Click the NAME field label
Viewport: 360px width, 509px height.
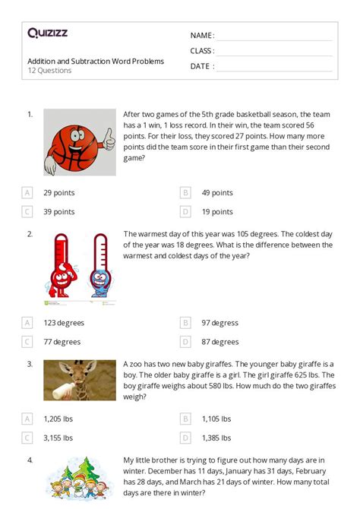[202, 36]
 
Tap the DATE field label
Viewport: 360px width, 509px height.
[202, 66]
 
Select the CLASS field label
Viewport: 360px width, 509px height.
[203, 51]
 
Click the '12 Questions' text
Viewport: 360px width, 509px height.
[49, 71]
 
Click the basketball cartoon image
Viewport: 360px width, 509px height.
[80, 142]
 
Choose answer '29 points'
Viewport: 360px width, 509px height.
[58, 193]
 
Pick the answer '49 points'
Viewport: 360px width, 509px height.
[217, 193]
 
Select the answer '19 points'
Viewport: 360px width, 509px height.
[217, 212]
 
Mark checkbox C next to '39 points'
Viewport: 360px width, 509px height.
[27, 212]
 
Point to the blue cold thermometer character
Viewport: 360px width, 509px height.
[99, 267]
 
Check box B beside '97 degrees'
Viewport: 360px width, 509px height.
[185, 323]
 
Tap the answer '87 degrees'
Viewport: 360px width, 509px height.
[220, 342]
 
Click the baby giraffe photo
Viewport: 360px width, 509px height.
[80, 380]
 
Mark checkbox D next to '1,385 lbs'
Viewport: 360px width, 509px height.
[185, 438]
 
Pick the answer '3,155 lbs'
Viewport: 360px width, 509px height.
[58, 438]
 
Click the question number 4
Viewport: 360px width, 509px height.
[30, 460]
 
